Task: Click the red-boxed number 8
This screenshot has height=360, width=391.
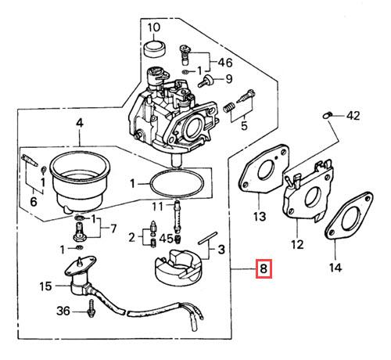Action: pos(264,268)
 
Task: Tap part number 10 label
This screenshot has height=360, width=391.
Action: pos(154,27)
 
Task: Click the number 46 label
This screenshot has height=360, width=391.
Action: pos(225,63)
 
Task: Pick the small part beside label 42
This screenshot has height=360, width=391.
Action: pos(327,115)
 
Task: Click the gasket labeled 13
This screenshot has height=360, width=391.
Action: pos(264,171)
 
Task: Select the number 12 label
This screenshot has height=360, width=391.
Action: pos(297,244)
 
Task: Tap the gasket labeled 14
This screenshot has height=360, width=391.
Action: pos(349,216)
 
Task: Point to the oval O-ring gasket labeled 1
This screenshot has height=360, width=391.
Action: pos(177,184)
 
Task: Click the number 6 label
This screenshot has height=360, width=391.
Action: pos(34,202)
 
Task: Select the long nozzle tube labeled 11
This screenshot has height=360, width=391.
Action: pos(178,216)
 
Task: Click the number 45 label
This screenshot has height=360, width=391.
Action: pos(166,239)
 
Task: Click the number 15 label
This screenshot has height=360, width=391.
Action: pos(45,286)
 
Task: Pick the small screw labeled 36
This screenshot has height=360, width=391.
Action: pos(91,308)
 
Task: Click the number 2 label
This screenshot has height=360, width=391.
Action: pos(132,238)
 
